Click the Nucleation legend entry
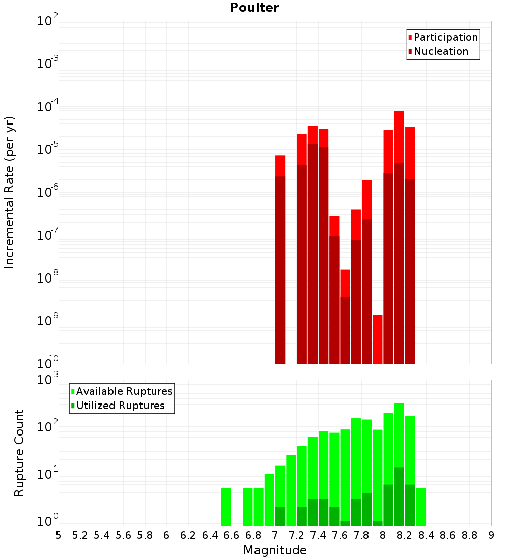(x=441, y=51)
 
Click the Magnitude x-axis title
(x=275, y=550)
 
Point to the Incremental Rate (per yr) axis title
(x=10, y=192)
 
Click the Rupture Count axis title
(x=19, y=453)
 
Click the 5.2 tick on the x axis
(x=80, y=535)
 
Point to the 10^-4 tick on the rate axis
(x=48, y=107)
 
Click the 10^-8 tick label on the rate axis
(x=48, y=278)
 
